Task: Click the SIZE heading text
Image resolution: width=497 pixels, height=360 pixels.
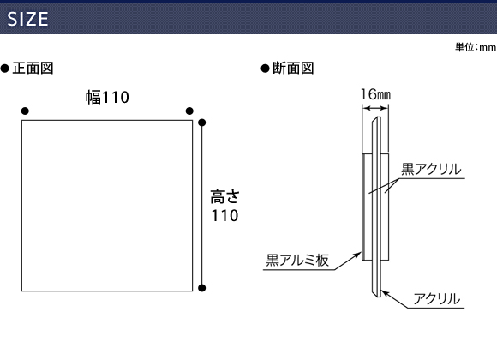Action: coord(27,19)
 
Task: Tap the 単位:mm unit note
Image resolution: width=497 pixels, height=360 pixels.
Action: coord(476,47)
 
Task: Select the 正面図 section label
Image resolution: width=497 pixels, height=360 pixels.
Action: coord(33,69)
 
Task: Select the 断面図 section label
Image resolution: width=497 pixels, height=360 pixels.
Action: coord(293,69)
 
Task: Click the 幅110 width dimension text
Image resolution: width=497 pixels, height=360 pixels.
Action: coord(107,97)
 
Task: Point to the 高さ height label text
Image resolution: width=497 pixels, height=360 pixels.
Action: coord(225,196)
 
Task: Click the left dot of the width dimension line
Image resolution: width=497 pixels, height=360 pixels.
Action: coord(25,111)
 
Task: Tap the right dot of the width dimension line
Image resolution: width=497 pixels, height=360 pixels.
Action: coord(189,111)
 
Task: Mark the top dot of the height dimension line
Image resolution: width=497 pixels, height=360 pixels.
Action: coord(202,123)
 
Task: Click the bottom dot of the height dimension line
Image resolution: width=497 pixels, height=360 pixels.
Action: coord(202,288)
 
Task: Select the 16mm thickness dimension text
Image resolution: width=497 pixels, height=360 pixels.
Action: coord(375,94)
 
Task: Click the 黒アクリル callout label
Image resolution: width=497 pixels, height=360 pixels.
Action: coord(431,169)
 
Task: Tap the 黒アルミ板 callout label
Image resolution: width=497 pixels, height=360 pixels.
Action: coord(297,260)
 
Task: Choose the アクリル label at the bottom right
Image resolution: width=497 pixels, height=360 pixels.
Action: coord(437,299)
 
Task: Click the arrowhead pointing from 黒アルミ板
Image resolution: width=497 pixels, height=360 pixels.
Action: coord(358,254)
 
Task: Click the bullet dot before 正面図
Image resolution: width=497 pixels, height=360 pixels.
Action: coord(5,69)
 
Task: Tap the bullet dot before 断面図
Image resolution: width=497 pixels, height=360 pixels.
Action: coord(265,69)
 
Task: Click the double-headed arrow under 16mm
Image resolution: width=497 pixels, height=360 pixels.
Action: coord(375,109)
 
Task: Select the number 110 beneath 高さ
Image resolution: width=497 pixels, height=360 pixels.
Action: coord(225,216)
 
